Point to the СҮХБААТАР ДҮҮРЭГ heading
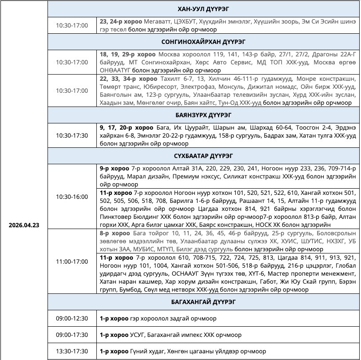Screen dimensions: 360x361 coord(204,156)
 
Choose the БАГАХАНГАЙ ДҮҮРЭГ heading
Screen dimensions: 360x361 coord(204,302)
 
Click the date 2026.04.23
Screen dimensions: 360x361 coord(24,225)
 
